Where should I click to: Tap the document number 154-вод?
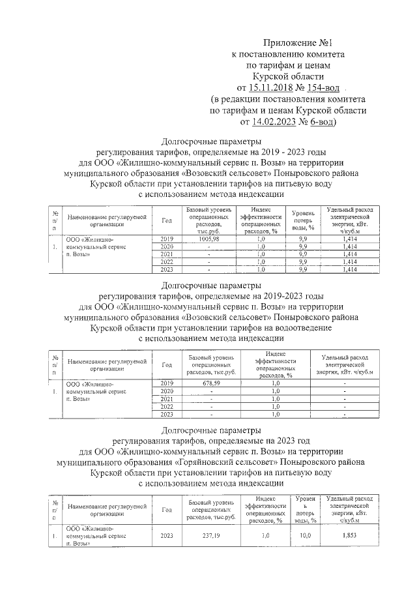tap(321, 87)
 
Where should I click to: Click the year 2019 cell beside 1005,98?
tap(167, 239)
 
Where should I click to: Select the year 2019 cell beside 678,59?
tap(167, 383)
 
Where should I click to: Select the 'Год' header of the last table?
tap(167, 510)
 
